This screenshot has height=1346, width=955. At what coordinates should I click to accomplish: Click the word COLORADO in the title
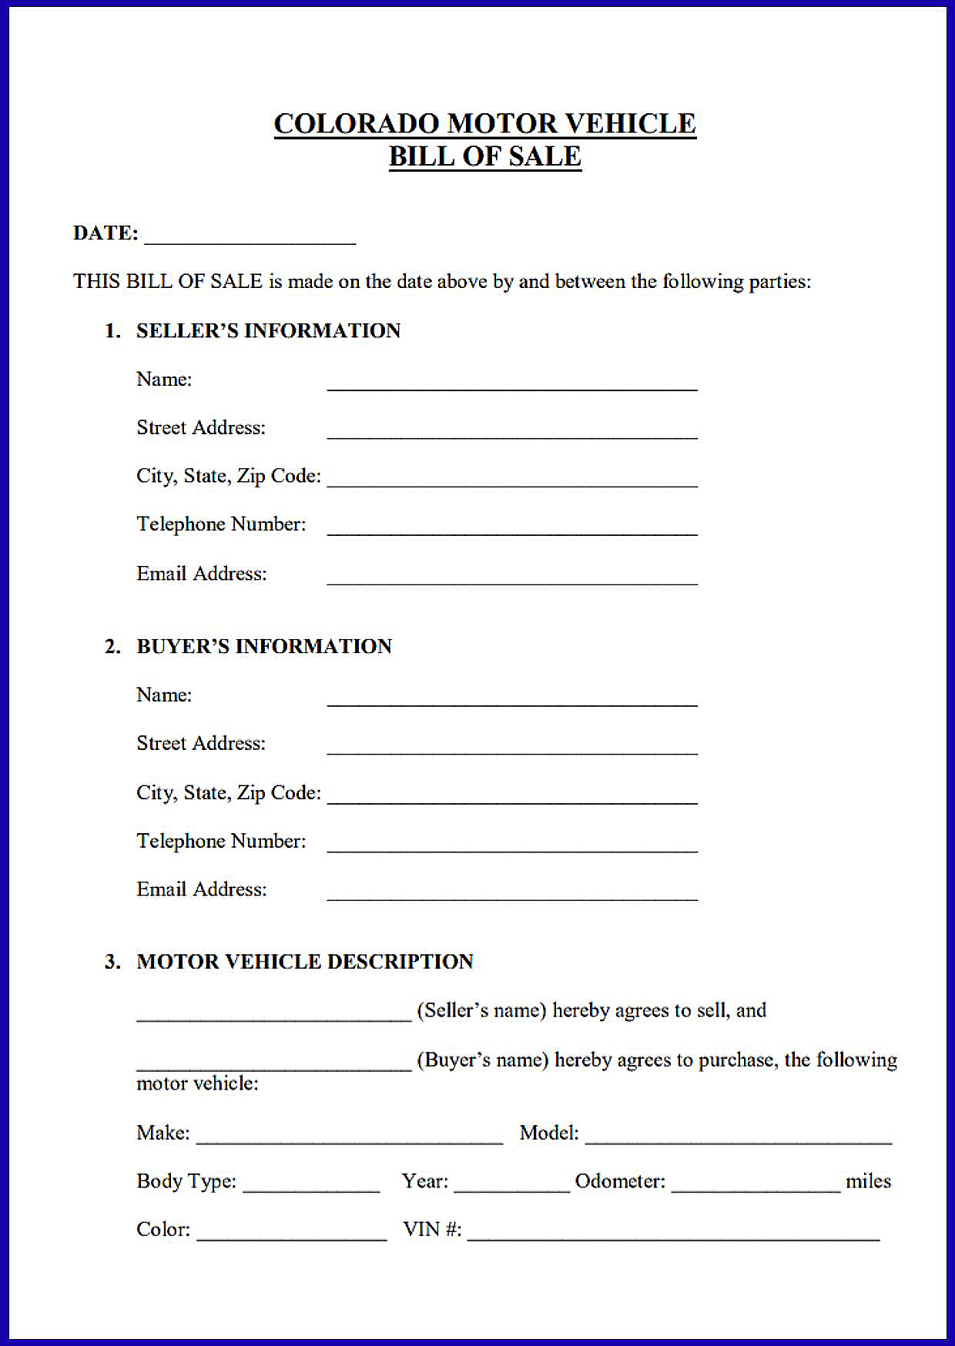[357, 124]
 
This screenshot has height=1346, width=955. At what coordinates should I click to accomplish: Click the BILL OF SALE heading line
[484, 156]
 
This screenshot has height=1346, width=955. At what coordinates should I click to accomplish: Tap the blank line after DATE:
[250, 237]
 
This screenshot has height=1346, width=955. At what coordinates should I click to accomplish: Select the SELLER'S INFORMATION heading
[268, 330]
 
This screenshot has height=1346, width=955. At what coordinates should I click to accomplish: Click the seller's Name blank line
[512, 384]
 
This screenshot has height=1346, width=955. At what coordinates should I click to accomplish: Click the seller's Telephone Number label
[221, 524]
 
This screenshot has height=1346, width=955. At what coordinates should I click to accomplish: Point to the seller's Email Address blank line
[512, 578]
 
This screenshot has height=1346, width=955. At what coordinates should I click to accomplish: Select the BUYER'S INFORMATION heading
[263, 646]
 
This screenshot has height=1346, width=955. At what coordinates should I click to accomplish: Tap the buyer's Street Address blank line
[512, 748]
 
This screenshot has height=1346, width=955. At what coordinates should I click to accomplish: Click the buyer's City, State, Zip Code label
[228, 792]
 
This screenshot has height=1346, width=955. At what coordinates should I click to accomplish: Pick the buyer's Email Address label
[201, 889]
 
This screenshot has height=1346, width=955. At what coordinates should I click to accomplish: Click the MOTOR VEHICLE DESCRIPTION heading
[304, 962]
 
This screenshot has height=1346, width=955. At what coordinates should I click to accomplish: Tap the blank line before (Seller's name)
[274, 1015]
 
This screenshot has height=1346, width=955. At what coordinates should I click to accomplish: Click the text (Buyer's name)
[482, 1060]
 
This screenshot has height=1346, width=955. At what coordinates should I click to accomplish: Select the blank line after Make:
[350, 1138]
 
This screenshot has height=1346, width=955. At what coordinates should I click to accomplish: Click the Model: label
[548, 1133]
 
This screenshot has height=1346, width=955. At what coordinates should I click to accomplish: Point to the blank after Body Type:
[311, 1187]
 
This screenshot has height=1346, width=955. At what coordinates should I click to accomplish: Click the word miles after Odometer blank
[868, 1181]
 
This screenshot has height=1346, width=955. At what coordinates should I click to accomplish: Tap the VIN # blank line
[673, 1234]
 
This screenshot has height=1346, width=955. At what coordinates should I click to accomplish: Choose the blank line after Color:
[292, 1234]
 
